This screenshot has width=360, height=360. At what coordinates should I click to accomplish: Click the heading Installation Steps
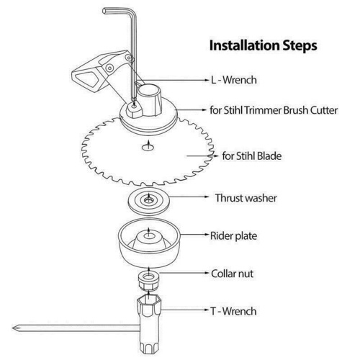264,45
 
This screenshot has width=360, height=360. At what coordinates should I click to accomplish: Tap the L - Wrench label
233,80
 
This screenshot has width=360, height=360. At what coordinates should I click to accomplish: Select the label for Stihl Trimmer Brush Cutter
274,110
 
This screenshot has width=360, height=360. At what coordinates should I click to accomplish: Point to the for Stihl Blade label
252,156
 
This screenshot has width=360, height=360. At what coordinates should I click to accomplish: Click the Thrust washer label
246,198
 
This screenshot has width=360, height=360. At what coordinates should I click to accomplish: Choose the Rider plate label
233,235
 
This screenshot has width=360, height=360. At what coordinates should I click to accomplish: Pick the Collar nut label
232,274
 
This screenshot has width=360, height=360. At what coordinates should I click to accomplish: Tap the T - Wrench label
233,311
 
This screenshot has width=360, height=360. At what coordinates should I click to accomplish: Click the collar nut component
149,281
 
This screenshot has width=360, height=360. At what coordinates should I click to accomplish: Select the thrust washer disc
149,202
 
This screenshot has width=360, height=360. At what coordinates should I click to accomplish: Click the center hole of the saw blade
148,148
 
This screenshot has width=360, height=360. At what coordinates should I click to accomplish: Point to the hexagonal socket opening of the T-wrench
149,300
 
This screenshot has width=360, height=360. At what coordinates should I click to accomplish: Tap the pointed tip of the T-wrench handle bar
13,328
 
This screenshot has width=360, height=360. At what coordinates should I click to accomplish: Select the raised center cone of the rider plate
149,240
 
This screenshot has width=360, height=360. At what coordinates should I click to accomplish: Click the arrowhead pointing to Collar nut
206,273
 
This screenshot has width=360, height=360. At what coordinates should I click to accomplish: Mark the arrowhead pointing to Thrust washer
206,197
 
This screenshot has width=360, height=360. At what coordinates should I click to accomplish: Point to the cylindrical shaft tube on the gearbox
149,99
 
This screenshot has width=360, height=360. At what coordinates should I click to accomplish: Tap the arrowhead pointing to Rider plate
206,234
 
